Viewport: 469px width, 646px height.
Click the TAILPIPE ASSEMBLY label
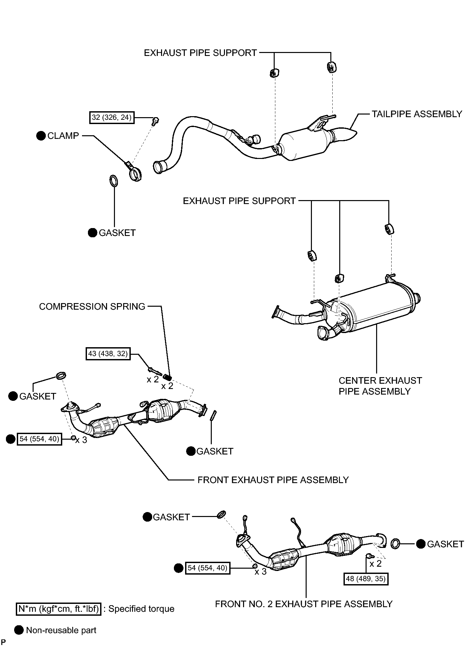pyautogui.click(x=417, y=114)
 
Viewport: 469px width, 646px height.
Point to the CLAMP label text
pyautogui.click(x=63, y=136)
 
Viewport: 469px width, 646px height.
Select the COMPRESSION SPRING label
pyautogui.click(x=92, y=306)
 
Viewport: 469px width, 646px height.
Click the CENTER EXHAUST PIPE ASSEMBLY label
pyautogui.click(x=380, y=386)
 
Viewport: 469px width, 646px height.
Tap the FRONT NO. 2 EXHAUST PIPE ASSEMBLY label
pyautogui.click(x=304, y=604)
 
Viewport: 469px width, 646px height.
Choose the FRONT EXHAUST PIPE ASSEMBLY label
pyautogui.click(x=273, y=480)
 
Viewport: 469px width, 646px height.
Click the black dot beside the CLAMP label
pyautogui.click(x=41, y=136)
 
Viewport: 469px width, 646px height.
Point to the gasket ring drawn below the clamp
pyautogui.click(x=113, y=181)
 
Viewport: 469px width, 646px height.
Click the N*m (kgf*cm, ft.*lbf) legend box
pyautogui.click(x=59, y=609)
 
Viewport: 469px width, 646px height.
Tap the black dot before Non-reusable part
pyautogui.click(x=19, y=630)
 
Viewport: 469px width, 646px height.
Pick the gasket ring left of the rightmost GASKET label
pyautogui.click(x=395, y=544)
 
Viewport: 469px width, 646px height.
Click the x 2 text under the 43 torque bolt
pyautogui.click(x=153, y=379)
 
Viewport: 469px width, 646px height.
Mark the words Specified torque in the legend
pyautogui.click(x=141, y=609)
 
